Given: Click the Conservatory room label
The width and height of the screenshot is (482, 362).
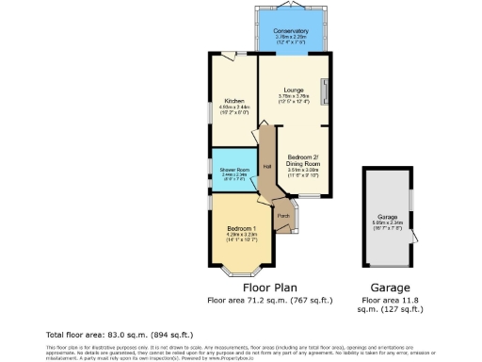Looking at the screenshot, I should tap(291, 32).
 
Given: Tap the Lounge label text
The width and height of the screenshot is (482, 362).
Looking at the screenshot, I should tap(291, 90).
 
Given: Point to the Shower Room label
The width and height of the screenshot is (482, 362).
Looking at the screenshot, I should tap(233, 169).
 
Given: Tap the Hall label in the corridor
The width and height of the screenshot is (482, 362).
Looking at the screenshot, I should tap(267, 166).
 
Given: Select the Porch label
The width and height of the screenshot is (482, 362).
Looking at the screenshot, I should tap(282, 216).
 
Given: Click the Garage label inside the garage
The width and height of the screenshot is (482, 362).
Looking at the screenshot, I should tap(387, 218).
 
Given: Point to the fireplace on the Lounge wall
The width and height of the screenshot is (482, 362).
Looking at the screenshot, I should tap(326, 91).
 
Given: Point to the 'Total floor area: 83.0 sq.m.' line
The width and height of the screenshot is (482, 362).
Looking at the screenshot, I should tap(120, 335).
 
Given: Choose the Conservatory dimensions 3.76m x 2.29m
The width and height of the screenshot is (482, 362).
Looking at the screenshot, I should tap(291, 39).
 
